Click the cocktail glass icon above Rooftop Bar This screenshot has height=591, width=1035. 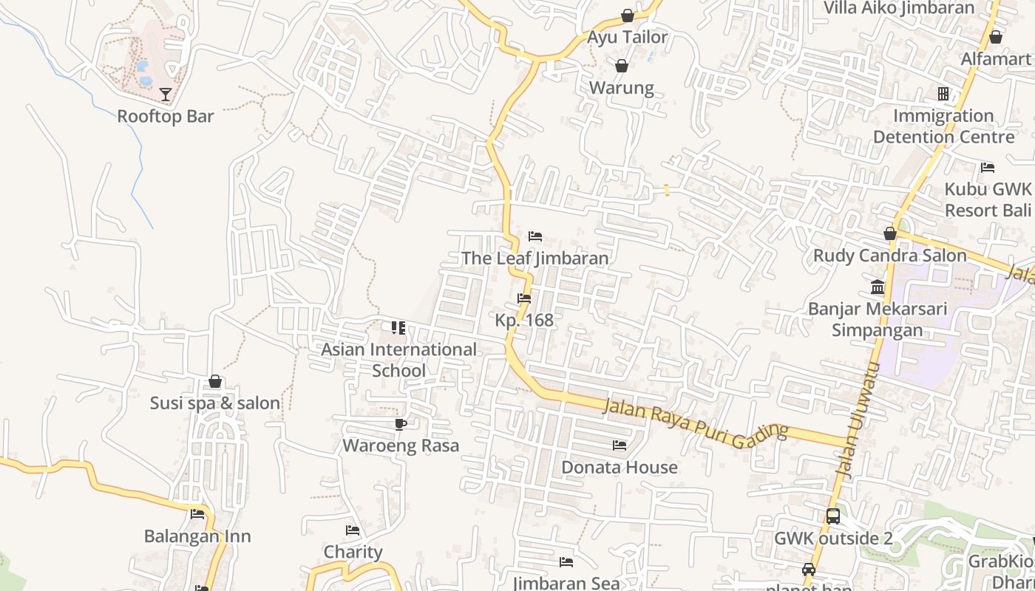pyautogui.click(x=166, y=94)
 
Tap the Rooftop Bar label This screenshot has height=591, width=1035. pyautogui.click(x=166, y=116)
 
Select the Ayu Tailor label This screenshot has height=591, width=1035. pyautogui.click(x=627, y=37)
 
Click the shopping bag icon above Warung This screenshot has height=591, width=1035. pyautogui.click(x=622, y=66)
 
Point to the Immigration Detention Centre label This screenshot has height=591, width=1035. pyautogui.click(x=943, y=126)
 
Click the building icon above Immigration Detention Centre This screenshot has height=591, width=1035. pyautogui.click(x=943, y=94)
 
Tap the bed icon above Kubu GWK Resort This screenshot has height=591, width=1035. pyautogui.click(x=988, y=167)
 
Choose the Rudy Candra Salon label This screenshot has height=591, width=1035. pyautogui.click(x=889, y=256)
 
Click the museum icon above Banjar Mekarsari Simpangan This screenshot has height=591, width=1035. pyautogui.click(x=878, y=287)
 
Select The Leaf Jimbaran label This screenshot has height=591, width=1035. pyautogui.click(x=535, y=258)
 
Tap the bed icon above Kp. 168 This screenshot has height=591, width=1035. pyautogui.click(x=524, y=298)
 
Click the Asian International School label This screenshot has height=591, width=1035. pyautogui.click(x=398, y=360)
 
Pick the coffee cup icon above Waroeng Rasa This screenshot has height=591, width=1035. pyautogui.click(x=401, y=424)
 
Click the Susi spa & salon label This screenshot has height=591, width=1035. pyautogui.click(x=215, y=403)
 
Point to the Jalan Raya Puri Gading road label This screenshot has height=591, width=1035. pyautogui.click(x=696, y=423)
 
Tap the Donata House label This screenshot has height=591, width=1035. pyautogui.click(x=619, y=468)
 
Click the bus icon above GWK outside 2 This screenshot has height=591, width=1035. pyautogui.click(x=833, y=516)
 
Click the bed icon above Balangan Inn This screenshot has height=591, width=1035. pyautogui.click(x=197, y=514)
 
